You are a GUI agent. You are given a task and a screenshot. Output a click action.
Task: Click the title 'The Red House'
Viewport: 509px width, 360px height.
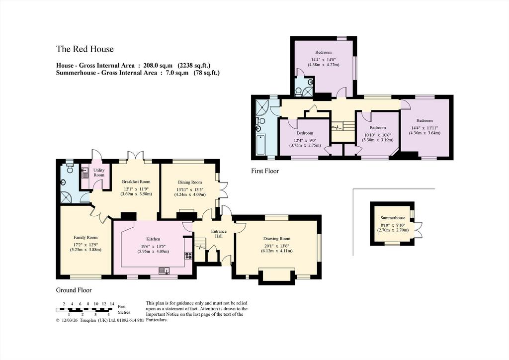point(85,49)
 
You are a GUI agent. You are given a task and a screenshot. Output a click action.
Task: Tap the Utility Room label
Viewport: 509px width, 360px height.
point(99,173)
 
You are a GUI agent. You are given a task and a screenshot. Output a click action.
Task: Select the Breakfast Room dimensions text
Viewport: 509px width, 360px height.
point(136,191)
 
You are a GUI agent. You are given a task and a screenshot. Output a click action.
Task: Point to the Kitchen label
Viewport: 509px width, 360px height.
point(153,239)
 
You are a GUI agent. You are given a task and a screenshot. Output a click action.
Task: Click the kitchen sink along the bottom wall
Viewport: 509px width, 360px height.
point(165,270)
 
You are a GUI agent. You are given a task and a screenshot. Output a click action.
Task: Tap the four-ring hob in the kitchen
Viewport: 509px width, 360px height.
point(188,255)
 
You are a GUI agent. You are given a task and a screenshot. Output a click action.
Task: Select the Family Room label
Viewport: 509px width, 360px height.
point(85,237)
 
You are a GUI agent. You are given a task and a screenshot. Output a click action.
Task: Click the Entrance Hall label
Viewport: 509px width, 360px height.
point(219,234)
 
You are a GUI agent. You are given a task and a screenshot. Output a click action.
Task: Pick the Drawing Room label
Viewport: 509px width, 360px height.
point(277,239)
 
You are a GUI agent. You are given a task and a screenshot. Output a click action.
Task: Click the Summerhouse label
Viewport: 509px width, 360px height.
point(393,218)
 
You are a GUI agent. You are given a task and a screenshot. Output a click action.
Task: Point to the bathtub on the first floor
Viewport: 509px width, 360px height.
point(260,145)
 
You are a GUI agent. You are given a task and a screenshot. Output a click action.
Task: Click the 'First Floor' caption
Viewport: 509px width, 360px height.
point(265,171)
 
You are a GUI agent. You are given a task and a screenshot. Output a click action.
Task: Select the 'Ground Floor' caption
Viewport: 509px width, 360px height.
point(74,290)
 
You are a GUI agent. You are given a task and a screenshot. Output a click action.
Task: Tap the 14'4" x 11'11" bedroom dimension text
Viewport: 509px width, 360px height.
point(424,130)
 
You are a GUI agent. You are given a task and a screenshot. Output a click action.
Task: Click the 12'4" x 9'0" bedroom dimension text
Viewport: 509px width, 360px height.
point(305,143)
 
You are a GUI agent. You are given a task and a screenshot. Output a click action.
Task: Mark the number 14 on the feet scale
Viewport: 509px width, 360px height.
point(112,304)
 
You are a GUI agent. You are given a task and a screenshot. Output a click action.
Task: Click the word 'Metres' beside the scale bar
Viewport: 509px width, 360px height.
point(124,312)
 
